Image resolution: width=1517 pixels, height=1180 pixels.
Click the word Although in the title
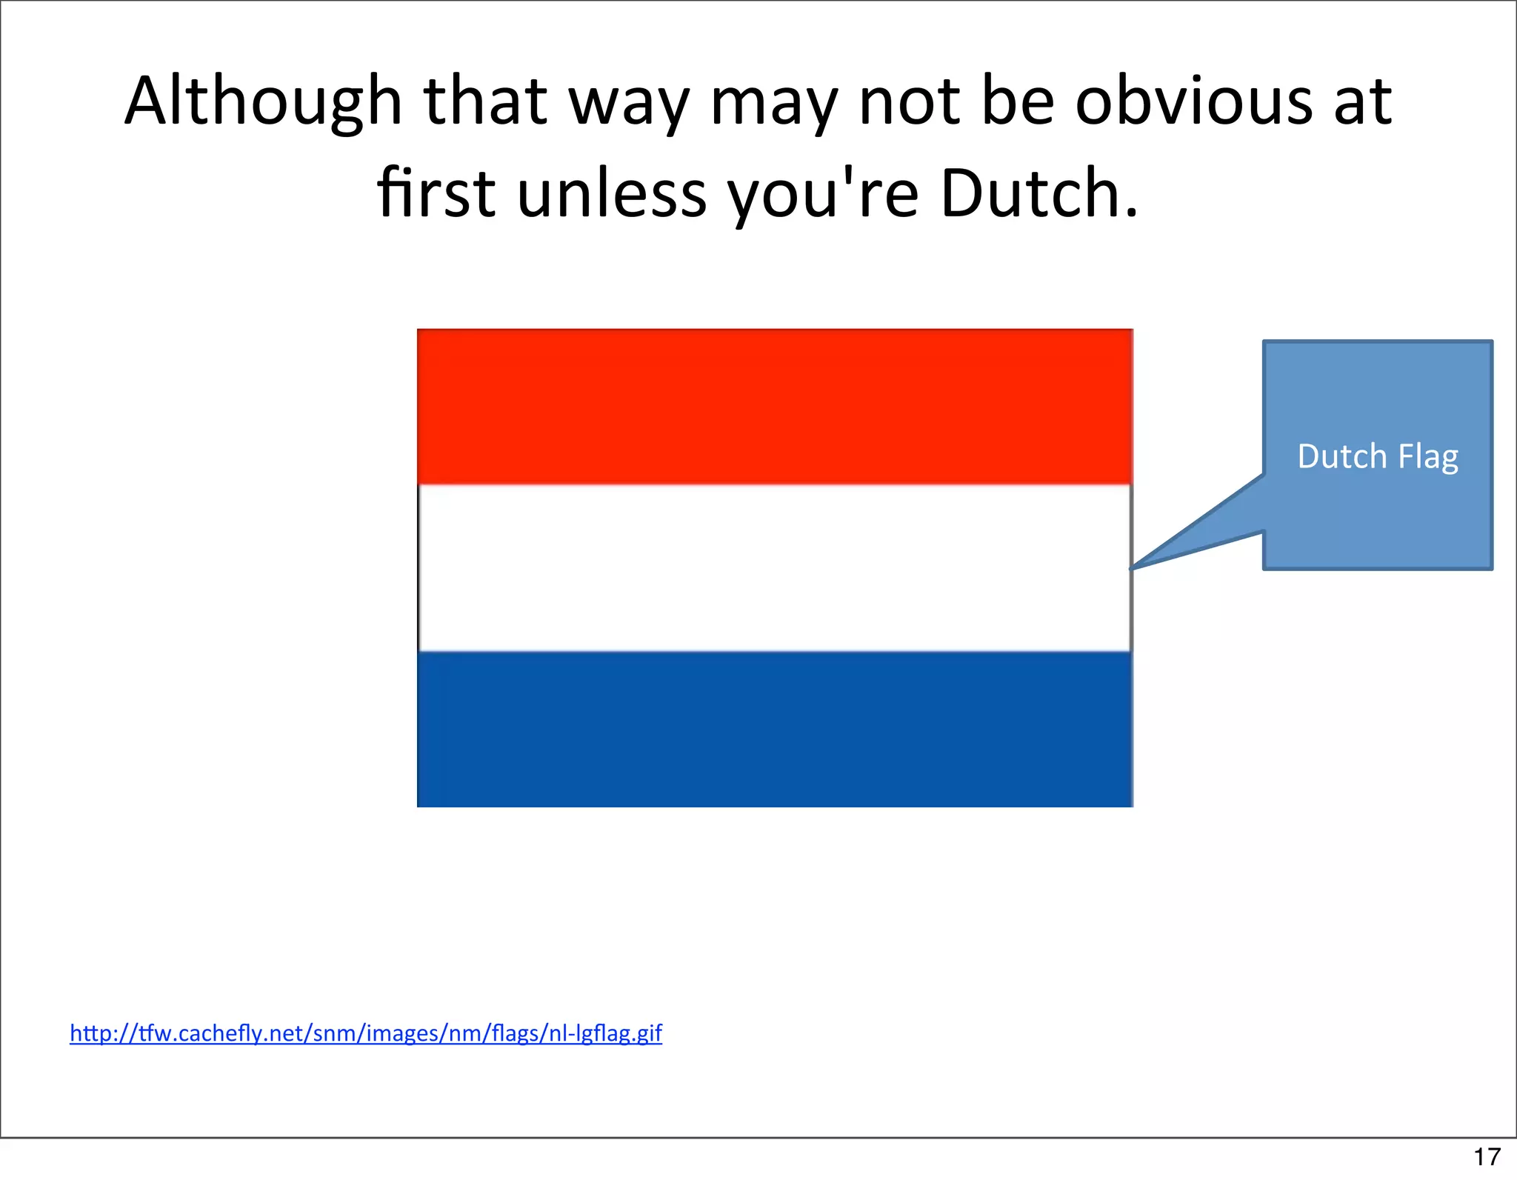point(263,101)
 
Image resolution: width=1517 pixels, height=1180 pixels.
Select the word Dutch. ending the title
point(1038,194)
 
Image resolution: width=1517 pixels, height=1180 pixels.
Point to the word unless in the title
point(612,194)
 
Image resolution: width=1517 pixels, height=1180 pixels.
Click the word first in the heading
point(436,194)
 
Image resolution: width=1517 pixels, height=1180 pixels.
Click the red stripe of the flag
point(774,407)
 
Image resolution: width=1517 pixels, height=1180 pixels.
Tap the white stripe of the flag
point(774,568)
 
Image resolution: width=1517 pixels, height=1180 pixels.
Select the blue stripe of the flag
point(774,729)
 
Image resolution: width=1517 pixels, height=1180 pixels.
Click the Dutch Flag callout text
point(1378,456)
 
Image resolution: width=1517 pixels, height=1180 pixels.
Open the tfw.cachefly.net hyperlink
point(366,1033)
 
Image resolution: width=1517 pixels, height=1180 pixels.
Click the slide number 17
point(1487,1156)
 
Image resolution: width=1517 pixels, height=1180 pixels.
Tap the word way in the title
point(629,101)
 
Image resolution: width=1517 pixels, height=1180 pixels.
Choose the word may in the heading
point(773,101)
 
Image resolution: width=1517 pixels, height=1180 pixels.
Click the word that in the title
point(485,101)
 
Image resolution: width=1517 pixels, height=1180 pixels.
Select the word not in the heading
point(909,101)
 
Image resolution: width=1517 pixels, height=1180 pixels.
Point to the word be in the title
point(1017,101)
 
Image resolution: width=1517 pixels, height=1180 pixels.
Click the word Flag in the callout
point(1428,456)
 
